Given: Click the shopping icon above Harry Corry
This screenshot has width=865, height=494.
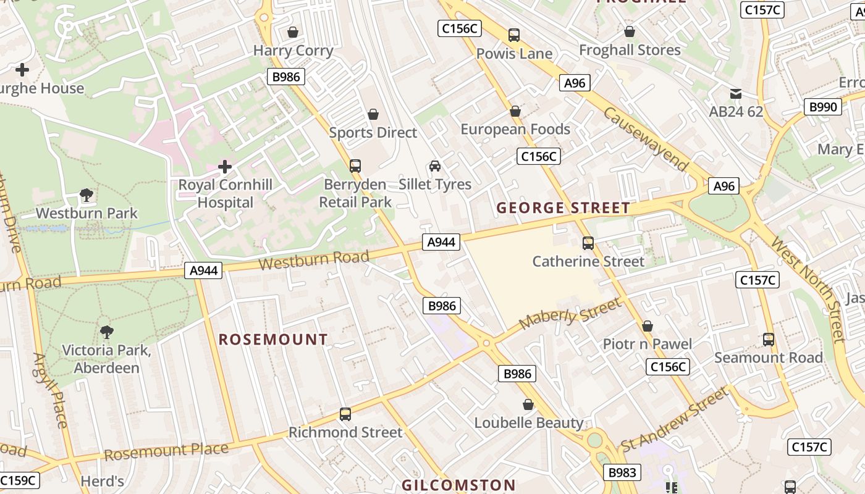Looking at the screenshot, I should click(x=293, y=32).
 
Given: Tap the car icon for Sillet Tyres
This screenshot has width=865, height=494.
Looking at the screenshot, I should click(x=435, y=166).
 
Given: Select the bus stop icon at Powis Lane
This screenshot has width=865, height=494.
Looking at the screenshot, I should click(x=513, y=35).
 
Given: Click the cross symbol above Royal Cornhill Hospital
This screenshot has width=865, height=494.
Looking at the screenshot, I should click(x=225, y=166).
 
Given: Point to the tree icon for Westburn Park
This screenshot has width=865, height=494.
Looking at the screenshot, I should click(x=86, y=196).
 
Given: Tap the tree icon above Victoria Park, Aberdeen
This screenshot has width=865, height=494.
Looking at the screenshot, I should click(x=106, y=332).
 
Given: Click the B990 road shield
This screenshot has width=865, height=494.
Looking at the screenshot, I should click(x=823, y=107).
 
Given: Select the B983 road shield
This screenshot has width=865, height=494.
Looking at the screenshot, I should click(x=622, y=472).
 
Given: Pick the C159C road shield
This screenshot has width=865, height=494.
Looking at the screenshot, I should click(x=19, y=480).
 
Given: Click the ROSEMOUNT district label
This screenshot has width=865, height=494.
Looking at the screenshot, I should click(x=273, y=340).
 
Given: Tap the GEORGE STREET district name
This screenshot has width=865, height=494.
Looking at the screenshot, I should click(x=563, y=208).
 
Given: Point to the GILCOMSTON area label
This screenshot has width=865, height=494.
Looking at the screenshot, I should click(x=458, y=485).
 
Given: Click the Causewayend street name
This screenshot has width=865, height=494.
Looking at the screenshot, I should click(x=646, y=140).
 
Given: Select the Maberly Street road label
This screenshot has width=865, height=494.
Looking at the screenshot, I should click(x=570, y=315).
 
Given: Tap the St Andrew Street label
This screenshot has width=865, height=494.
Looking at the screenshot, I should click(x=675, y=420).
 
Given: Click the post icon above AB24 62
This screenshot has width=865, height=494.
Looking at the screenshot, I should click(x=735, y=94).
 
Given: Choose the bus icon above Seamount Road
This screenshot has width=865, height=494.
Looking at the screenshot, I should click(x=768, y=339).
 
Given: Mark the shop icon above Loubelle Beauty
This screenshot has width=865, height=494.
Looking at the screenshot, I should click(x=528, y=404).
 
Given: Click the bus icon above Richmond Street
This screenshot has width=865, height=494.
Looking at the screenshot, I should click(x=345, y=414).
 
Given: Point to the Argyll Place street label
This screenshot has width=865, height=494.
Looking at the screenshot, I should click(x=50, y=390).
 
